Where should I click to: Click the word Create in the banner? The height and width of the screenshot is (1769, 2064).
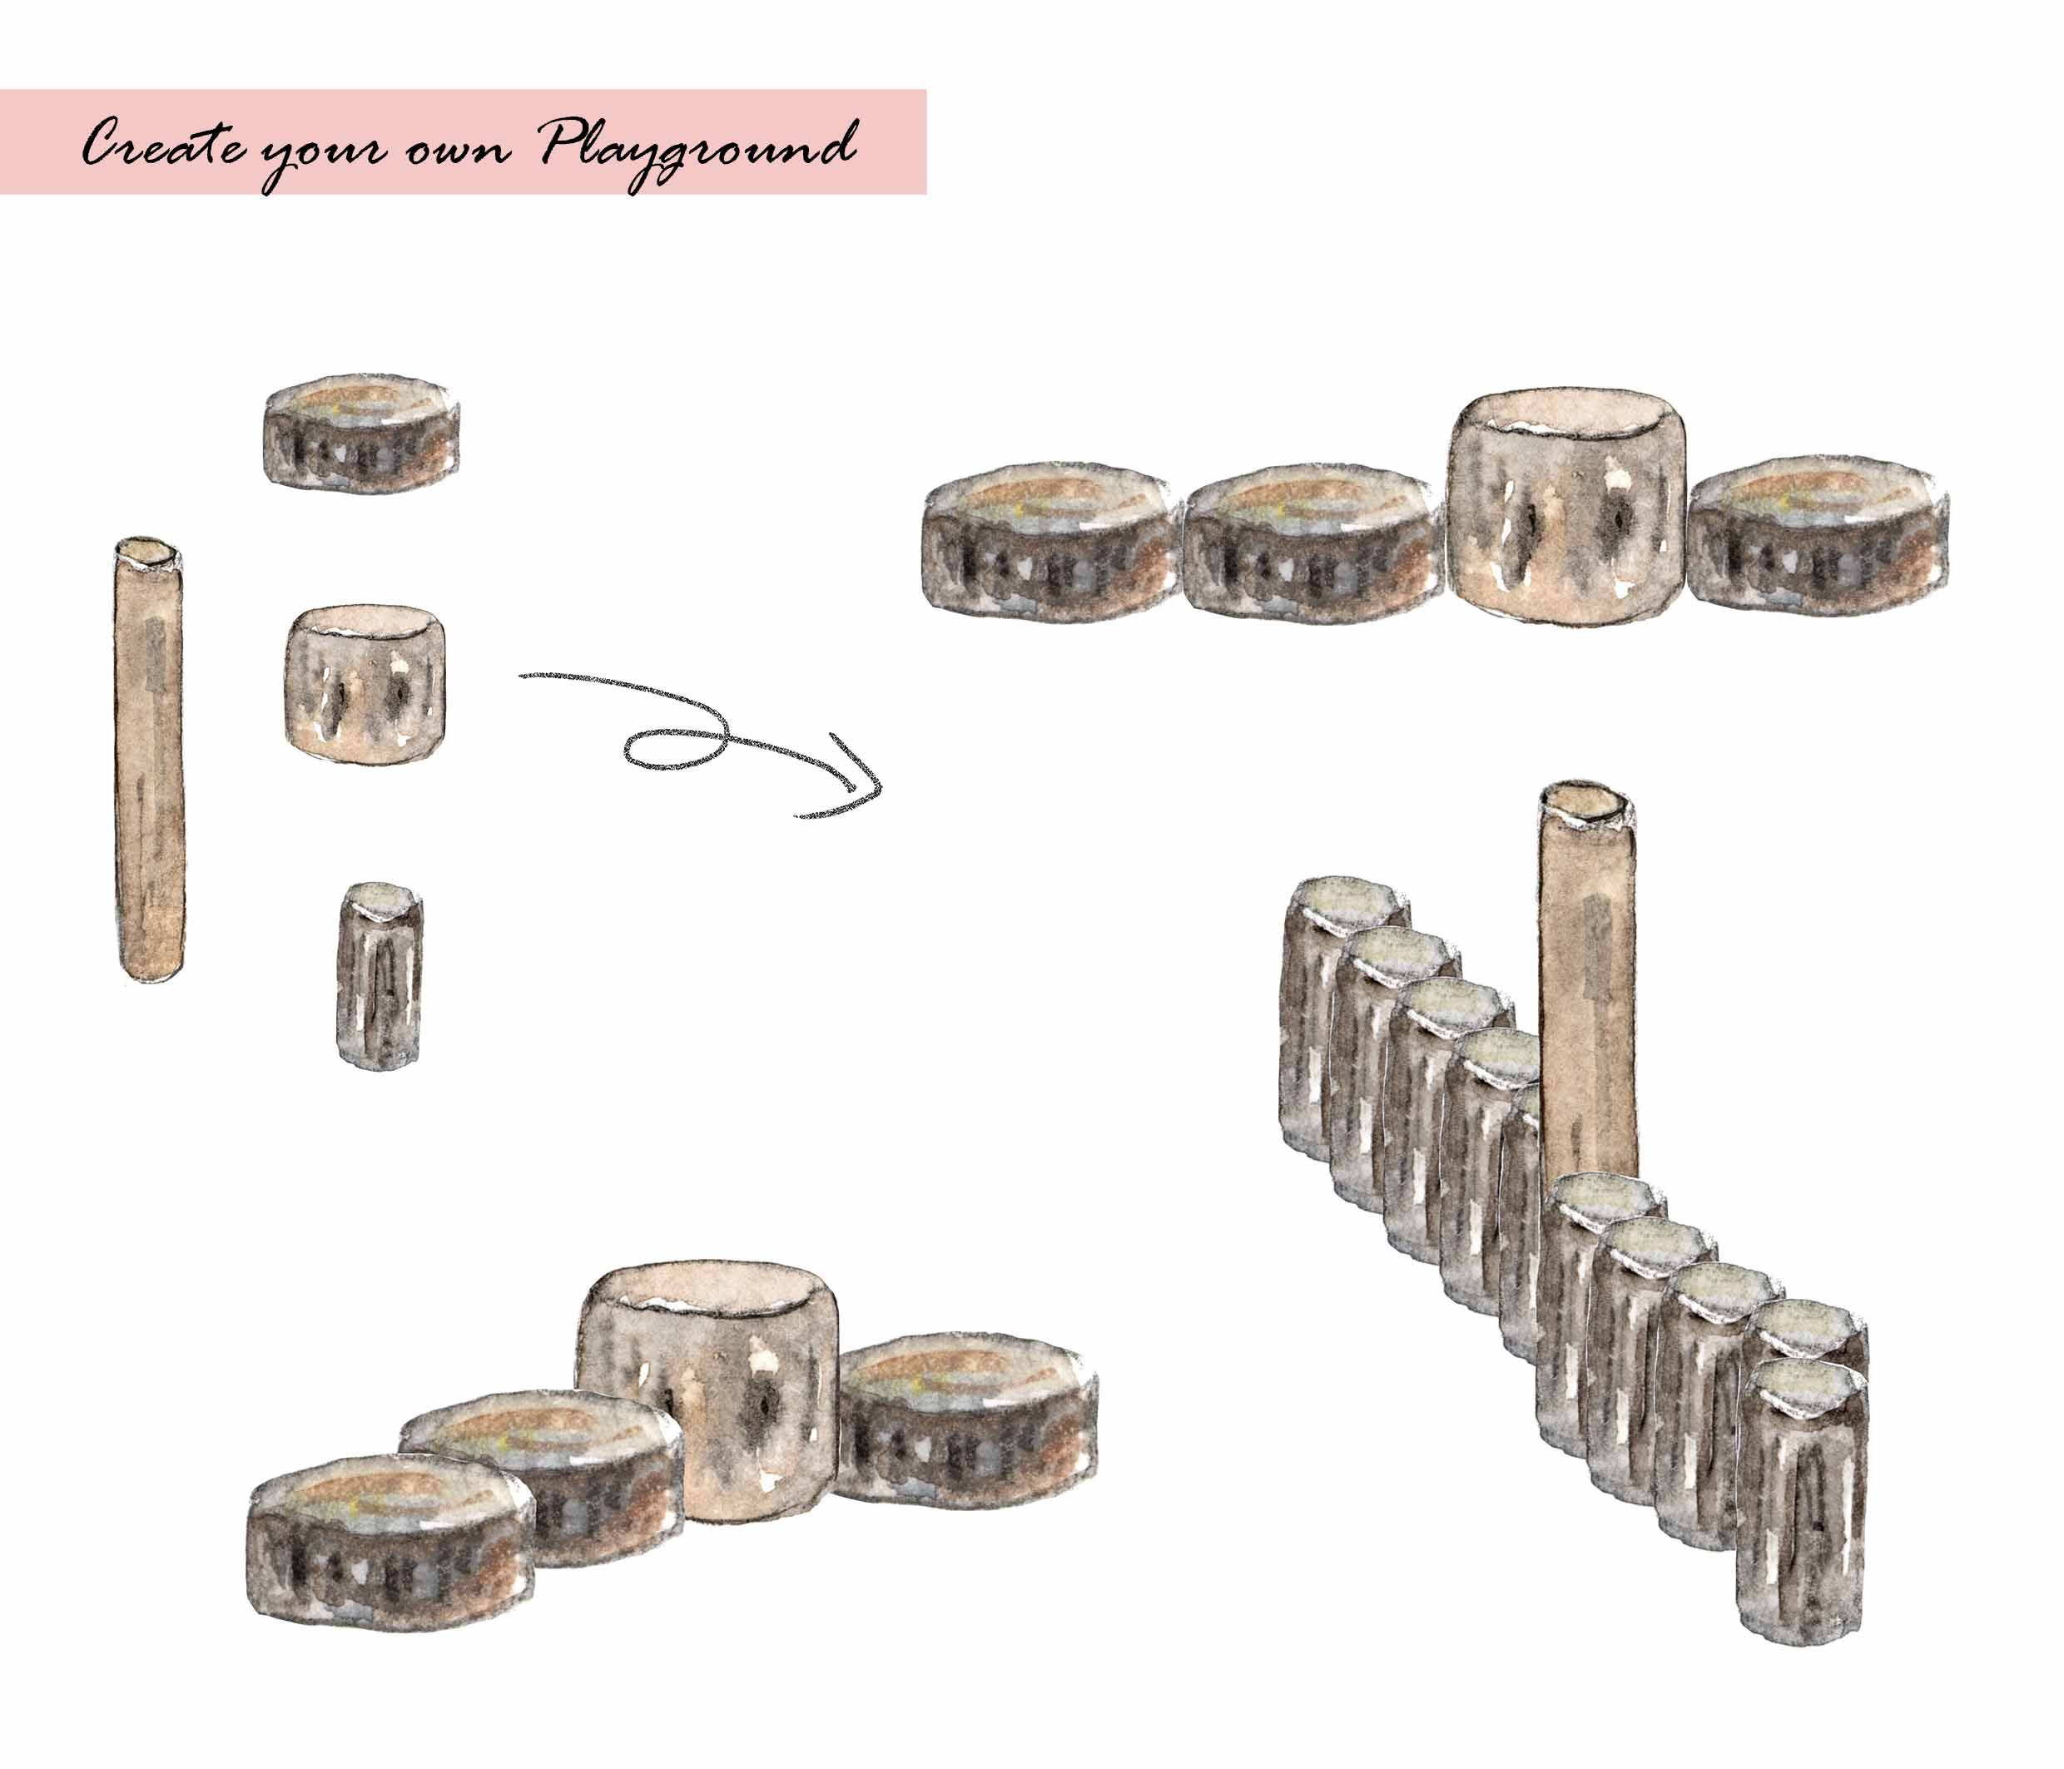point(163,146)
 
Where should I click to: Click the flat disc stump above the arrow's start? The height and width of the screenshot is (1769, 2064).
point(361,434)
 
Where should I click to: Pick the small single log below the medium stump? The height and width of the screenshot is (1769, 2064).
point(380,975)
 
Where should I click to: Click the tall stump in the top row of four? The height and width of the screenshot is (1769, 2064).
point(1567,505)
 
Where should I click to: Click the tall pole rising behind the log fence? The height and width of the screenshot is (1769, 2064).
point(1588,986)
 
